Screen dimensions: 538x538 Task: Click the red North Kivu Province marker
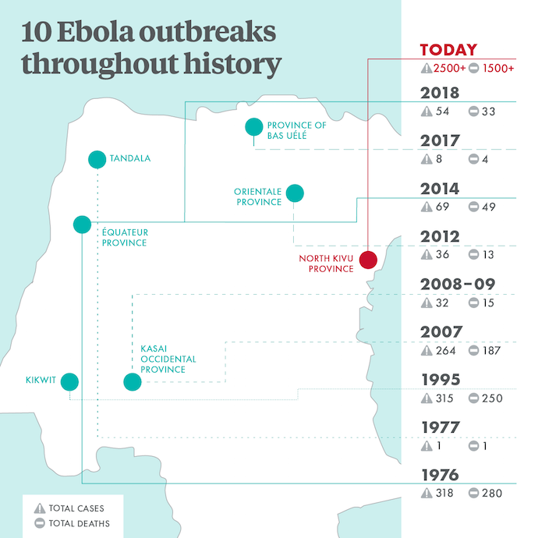pyautogui.click(x=368, y=260)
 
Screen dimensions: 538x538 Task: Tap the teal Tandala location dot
pyautogui.click(x=96, y=159)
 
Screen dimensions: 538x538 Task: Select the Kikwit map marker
pyautogui.click(x=69, y=382)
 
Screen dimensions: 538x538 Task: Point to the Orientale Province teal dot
pyautogui.click(x=295, y=193)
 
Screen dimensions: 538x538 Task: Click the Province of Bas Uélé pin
pyautogui.click(x=253, y=126)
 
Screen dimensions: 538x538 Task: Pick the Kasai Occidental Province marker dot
pyautogui.click(x=132, y=382)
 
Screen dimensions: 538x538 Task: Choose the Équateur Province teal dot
pyautogui.click(x=82, y=225)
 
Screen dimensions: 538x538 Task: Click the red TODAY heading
pyautogui.click(x=448, y=50)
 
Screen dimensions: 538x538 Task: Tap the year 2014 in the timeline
pyautogui.click(x=440, y=189)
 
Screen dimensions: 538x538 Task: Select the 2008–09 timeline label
pyautogui.click(x=458, y=285)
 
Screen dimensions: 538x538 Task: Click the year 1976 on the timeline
pyautogui.click(x=440, y=475)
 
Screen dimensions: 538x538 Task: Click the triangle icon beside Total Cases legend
pyautogui.click(x=37, y=508)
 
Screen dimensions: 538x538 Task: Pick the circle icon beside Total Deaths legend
pyautogui.click(x=37, y=524)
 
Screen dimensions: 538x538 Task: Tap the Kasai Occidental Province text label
pyautogui.click(x=168, y=359)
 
